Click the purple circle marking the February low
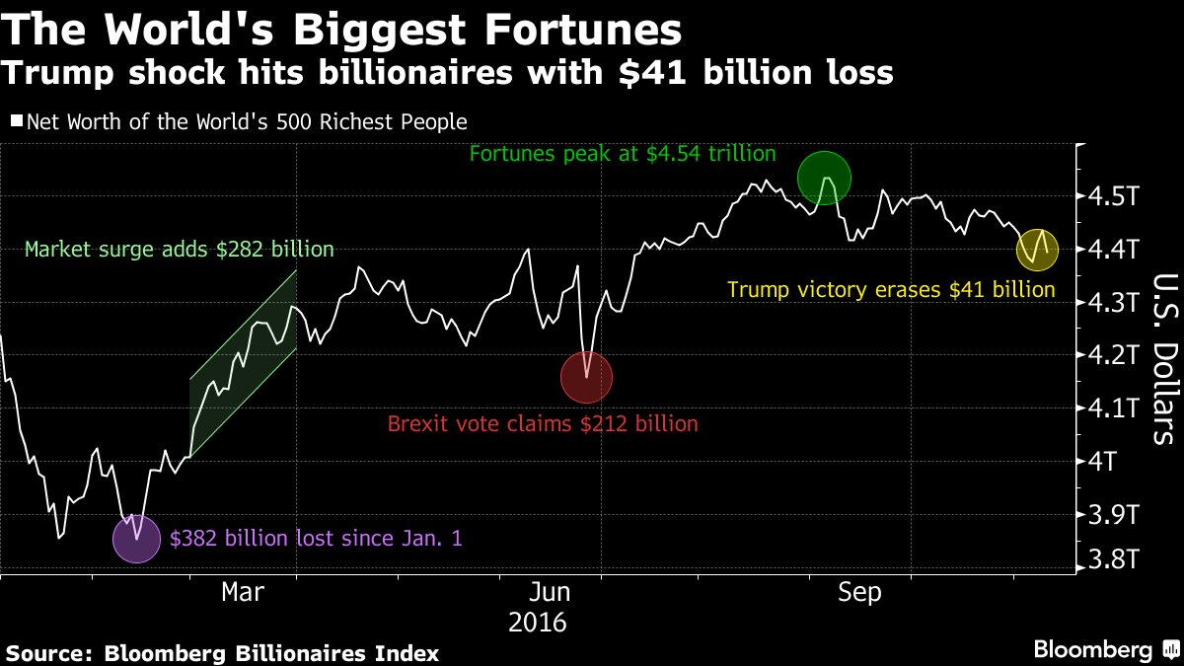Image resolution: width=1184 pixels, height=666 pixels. point(136,539)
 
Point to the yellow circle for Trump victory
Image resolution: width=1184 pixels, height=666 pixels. point(1036,250)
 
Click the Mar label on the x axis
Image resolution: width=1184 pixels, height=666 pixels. point(243,592)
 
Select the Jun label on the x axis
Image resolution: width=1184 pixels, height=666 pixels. point(550,592)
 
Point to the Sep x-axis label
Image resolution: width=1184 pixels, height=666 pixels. point(858,592)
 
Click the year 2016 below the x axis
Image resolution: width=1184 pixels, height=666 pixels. point(538,623)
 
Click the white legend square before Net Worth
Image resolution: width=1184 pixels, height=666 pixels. point(16,122)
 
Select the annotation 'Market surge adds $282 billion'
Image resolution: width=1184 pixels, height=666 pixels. point(179,250)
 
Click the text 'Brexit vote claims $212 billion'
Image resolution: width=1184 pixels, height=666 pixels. point(543,424)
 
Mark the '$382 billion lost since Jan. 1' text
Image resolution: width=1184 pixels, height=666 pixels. point(316,539)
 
